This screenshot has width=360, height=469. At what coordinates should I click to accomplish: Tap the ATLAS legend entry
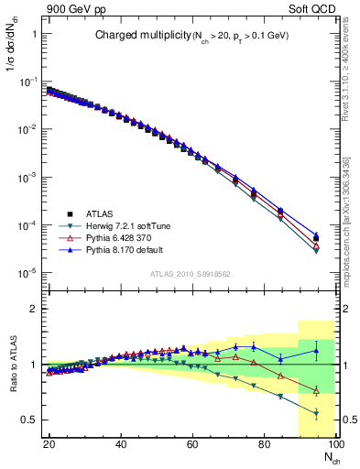pos(99,213)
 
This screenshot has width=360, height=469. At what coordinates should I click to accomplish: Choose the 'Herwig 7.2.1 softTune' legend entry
pos(120,225)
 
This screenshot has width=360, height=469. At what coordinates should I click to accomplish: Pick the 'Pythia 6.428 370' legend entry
pos(113,237)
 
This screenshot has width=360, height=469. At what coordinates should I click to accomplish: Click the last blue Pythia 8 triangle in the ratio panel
pos(316,350)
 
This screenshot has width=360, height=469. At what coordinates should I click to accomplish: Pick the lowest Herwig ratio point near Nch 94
pos(316,413)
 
